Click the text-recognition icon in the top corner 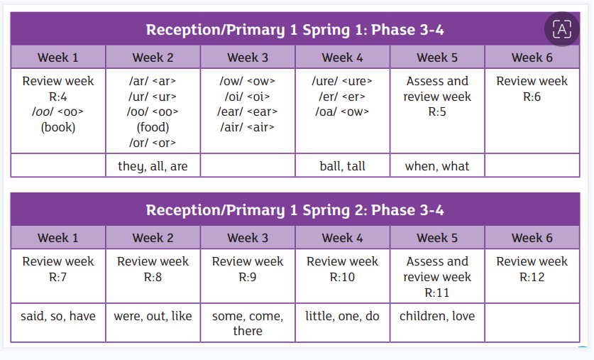pyautogui.click(x=562, y=29)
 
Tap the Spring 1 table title pyautogui.click(x=295, y=30)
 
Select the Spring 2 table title pyautogui.click(x=295, y=210)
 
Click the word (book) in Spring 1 pyautogui.click(x=58, y=127)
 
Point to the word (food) pyautogui.click(x=153, y=127)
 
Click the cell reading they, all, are pyautogui.click(x=153, y=166)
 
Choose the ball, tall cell pyautogui.click(x=343, y=166)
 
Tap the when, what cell pyautogui.click(x=437, y=166)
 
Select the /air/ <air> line pyautogui.click(x=248, y=127)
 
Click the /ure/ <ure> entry pyautogui.click(x=342, y=81)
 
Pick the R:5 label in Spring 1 pyautogui.click(x=437, y=111)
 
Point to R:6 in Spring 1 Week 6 pyautogui.click(x=532, y=97)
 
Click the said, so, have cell pyautogui.click(x=58, y=316)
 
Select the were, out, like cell pyautogui.click(x=153, y=316)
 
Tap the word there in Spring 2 pyautogui.click(x=248, y=331)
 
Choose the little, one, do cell pyautogui.click(x=343, y=316)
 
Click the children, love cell pyautogui.click(x=437, y=316)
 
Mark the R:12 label pyautogui.click(x=532, y=277)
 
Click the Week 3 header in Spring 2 pyautogui.click(x=248, y=238)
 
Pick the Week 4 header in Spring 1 pyautogui.click(x=343, y=58)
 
